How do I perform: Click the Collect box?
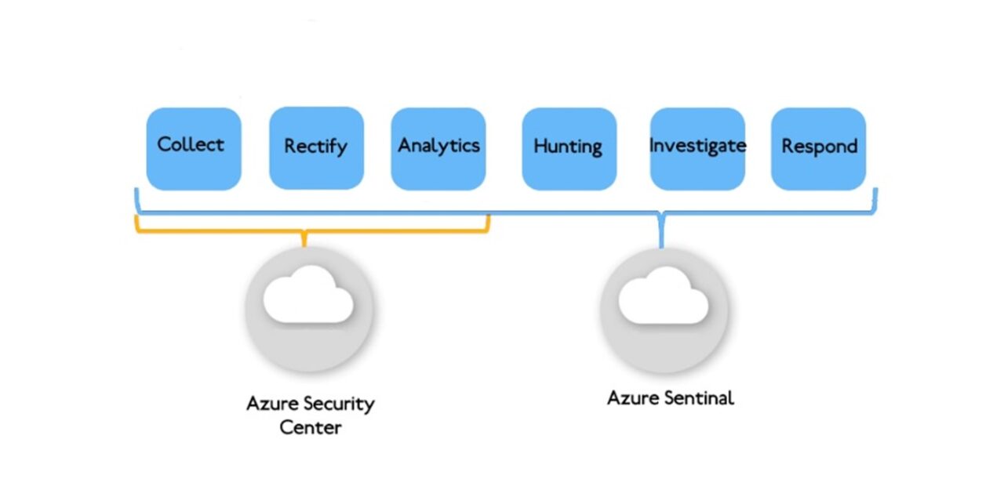tap(193, 149)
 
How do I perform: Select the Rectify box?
tap(316, 147)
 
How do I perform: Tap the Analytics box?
tap(438, 149)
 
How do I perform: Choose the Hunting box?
tap(569, 149)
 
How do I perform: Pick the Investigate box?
tap(697, 149)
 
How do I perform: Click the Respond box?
tap(818, 149)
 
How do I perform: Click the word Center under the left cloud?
tap(311, 428)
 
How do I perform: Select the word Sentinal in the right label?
tap(698, 398)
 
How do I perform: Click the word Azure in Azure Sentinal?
tap(632, 398)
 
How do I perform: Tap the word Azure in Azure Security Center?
tap(271, 404)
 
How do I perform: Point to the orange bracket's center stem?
tap(304, 239)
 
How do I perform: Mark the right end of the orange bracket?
tap(488, 224)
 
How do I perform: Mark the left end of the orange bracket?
tap(137, 224)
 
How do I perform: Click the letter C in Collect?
tap(165, 144)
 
